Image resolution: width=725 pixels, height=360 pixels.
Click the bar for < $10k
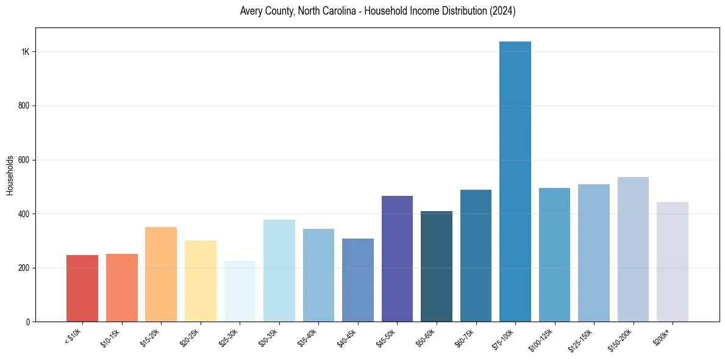click(82, 289)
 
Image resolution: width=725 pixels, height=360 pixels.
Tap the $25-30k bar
click(240, 291)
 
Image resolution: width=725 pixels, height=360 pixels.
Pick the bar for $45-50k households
click(397, 259)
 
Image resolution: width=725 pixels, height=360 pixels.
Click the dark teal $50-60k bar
click(437, 267)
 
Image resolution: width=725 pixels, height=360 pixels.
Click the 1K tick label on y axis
click(25, 52)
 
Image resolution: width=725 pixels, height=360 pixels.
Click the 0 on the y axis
click(28, 322)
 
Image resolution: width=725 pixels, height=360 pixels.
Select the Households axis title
click(10, 175)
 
